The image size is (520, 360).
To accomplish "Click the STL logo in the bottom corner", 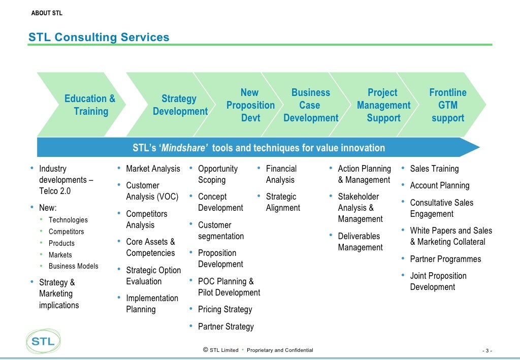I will [43, 341].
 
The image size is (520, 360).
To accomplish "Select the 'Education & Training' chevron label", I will [90, 105].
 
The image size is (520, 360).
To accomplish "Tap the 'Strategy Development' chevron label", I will [180, 105].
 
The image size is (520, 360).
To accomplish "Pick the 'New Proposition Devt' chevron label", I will [250, 105].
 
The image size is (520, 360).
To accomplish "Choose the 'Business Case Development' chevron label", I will [311, 105].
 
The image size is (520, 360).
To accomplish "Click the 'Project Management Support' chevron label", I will [383, 105].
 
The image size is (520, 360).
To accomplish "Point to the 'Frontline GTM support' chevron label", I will [448, 105].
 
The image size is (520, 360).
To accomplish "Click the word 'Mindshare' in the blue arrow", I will [185, 148].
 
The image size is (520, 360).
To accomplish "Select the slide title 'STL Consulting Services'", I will [99, 37].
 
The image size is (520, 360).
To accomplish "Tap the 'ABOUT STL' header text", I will [47, 13].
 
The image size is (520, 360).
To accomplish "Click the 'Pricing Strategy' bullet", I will [225, 309].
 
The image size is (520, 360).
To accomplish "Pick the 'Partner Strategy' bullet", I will [226, 326].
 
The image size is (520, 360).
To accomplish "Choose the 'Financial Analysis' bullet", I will [281, 174].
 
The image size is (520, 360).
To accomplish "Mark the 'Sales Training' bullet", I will [434, 169].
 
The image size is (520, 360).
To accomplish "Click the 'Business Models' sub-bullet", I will [74, 266].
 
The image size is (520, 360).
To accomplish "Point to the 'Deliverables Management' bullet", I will [360, 242].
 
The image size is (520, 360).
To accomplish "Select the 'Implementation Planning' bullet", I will [152, 304].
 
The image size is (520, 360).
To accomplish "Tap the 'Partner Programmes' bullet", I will [445, 259].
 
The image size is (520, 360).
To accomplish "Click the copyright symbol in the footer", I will [205, 350].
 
